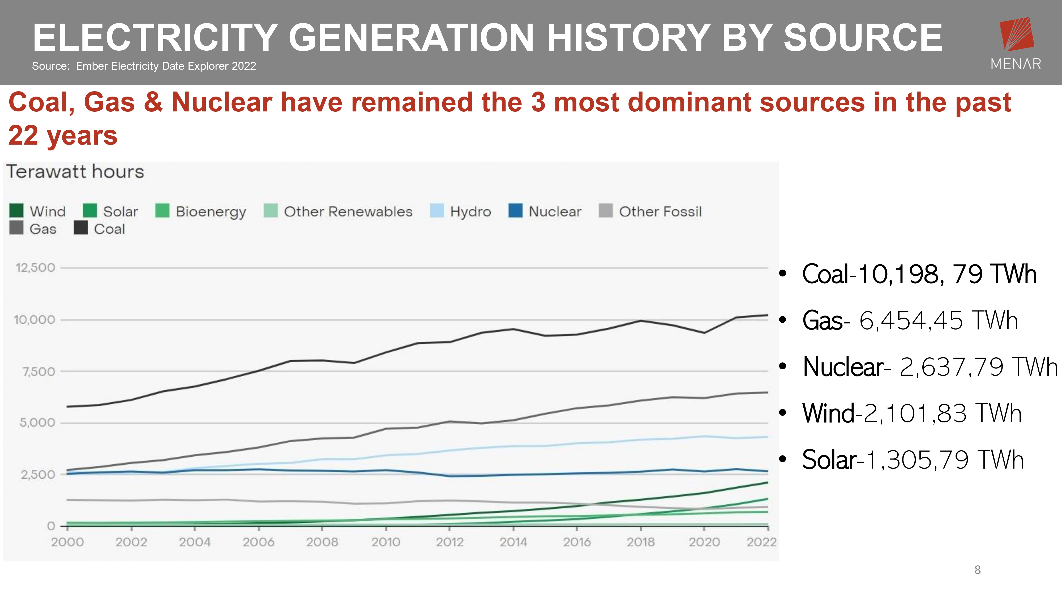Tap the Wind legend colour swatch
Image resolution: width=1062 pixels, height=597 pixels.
click(16, 210)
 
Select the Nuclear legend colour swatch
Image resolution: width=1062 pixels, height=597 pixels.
click(515, 210)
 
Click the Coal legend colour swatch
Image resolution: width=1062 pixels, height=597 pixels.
click(81, 228)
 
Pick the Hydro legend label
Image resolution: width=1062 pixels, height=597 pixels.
click(470, 212)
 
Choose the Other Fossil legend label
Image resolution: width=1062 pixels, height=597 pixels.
click(660, 212)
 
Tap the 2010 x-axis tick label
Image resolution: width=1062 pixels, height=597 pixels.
click(386, 542)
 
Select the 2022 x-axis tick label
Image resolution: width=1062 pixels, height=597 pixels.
click(761, 542)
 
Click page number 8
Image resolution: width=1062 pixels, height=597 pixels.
click(978, 570)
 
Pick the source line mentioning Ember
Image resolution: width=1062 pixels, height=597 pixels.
click(144, 66)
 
